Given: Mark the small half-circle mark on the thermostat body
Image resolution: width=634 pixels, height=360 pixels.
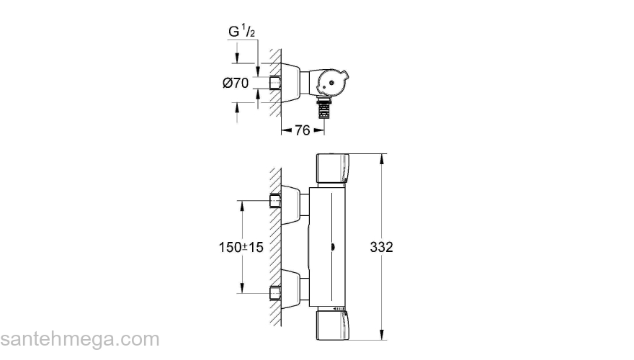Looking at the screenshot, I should tap(332, 248).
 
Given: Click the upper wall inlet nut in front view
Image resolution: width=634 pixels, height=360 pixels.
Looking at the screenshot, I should tap(274, 200).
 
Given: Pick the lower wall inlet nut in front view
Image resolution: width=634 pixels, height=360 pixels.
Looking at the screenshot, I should tap(274, 292).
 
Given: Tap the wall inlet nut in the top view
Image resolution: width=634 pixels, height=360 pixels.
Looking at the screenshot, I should tap(274, 83).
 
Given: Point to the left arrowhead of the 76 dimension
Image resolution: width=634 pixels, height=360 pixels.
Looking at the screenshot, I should tap(284, 130).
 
